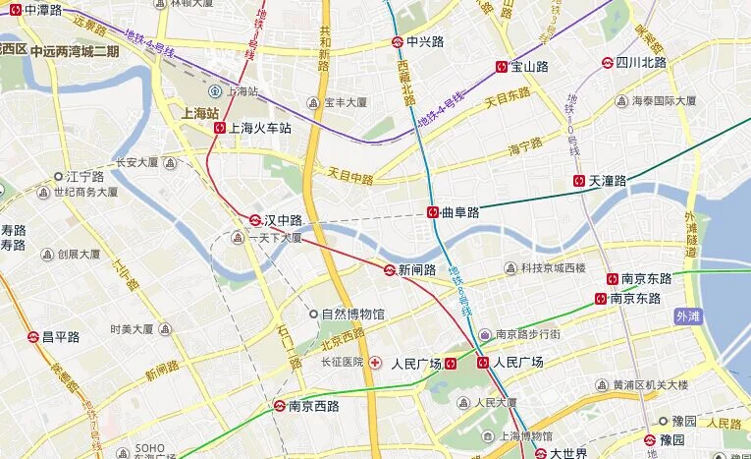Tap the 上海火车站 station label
click(261, 128)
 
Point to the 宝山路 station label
click(529, 67)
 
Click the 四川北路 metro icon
click(608, 62)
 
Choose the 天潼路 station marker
click(580, 181)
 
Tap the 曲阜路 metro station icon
click(433, 212)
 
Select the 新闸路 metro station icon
click(390, 270)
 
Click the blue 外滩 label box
click(689, 316)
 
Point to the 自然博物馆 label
click(353, 315)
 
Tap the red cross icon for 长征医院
click(375, 362)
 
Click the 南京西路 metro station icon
click(280, 406)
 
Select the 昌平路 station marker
click(32, 337)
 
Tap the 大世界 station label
click(568, 453)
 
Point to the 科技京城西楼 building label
click(553, 268)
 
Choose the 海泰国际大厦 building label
click(664, 101)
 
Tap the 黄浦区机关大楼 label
click(650, 384)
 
